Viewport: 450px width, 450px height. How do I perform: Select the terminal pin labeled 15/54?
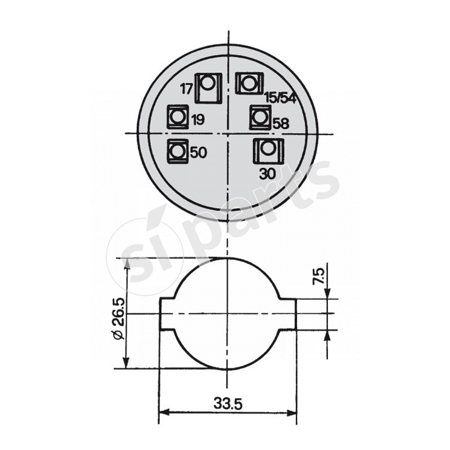[247, 84]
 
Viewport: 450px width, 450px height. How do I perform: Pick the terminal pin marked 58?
[259, 118]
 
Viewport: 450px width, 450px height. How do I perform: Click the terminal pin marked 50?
[178, 151]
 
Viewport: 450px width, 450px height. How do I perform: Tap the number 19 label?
[197, 119]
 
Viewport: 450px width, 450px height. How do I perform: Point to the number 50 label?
[198, 152]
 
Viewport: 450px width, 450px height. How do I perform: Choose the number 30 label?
[268, 174]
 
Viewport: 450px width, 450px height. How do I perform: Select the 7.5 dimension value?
[319, 277]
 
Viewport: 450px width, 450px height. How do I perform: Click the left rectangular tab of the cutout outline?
[168, 313]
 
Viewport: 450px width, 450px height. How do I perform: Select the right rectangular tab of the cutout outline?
[287, 313]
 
